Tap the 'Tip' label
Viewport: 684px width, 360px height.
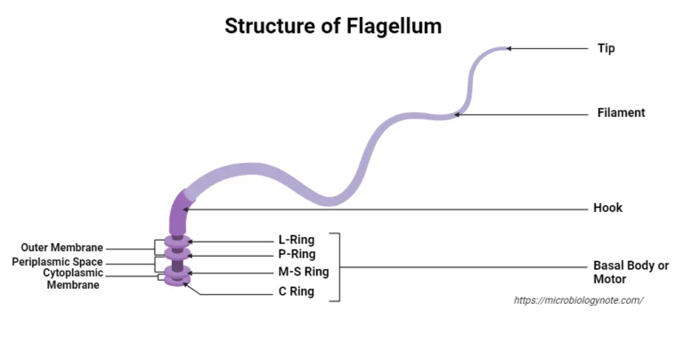pyautogui.click(x=606, y=48)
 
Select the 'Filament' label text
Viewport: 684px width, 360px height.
pyautogui.click(x=621, y=113)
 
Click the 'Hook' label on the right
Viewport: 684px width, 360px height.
pyautogui.click(x=607, y=208)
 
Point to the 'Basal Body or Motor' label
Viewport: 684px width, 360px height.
pyautogui.click(x=631, y=273)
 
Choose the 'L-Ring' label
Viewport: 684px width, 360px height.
pyautogui.click(x=297, y=240)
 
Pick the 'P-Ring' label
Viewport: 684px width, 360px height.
pyautogui.click(x=297, y=255)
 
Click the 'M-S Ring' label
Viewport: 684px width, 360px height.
pyautogui.click(x=304, y=272)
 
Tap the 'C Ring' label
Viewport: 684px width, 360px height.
pyautogui.click(x=296, y=291)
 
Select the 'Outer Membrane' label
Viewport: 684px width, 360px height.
pyautogui.click(x=62, y=248)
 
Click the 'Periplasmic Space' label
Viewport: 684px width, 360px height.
pyautogui.click(x=57, y=262)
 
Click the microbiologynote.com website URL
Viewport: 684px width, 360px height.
pyautogui.click(x=578, y=300)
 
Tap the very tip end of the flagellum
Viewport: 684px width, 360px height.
pyautogui.click(x=505, y=49)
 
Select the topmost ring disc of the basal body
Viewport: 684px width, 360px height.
pyautogui.click(x=178, y=241)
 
